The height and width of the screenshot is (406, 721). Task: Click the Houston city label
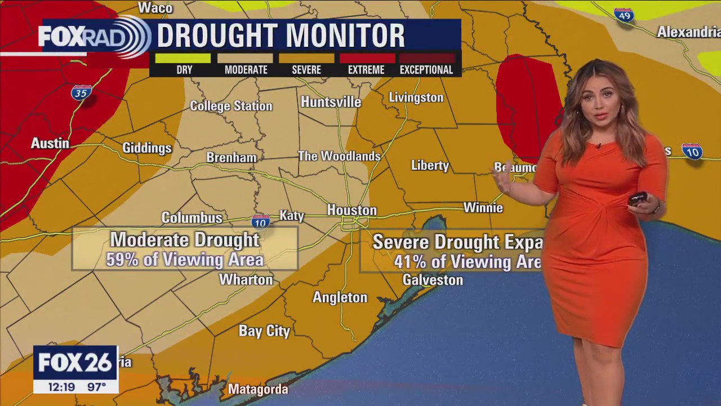coord(351,210)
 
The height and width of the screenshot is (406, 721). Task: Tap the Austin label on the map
coord(50,143)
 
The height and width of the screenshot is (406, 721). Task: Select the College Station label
coord(231,106)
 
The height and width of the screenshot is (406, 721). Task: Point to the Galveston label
coord(433,280)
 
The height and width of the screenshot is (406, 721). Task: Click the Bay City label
coord(264,331)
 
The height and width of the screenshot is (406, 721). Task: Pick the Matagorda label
coord(258,389)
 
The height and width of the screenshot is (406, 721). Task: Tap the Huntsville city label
coord(331,102)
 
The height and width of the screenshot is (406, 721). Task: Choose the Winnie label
coord(483,208)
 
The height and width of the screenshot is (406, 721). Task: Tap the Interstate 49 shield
coord(624,15)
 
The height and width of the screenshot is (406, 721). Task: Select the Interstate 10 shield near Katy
coord(260,222)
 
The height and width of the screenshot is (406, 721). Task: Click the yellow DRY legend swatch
coord(183,58)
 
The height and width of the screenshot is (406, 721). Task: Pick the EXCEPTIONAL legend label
coord(426,70)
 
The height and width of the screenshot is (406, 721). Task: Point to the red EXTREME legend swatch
coord(367,58)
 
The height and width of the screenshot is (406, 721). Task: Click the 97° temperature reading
coord(96,387)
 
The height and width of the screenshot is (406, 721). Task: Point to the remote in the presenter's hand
coord(638,199)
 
